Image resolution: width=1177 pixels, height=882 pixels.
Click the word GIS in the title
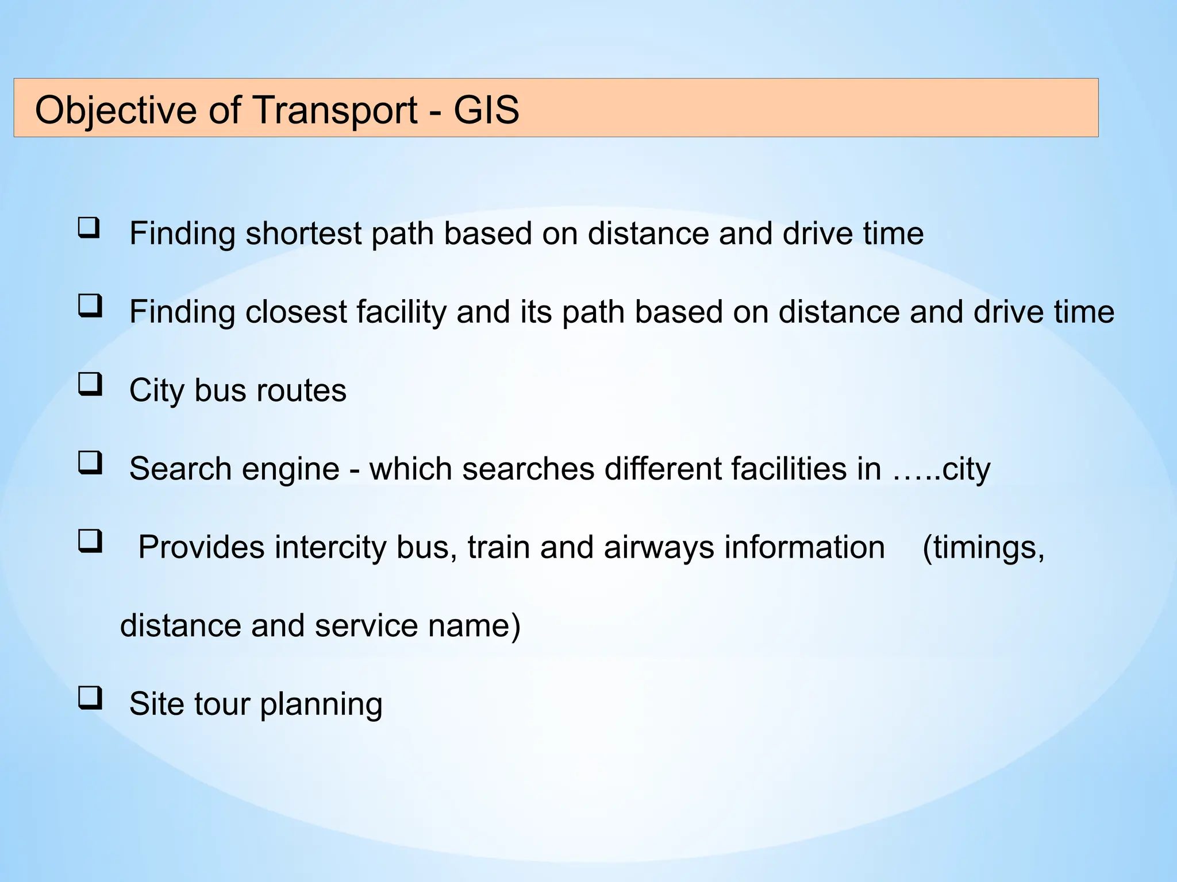click(486, 110)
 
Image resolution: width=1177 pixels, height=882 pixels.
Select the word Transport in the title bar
click(335, 110)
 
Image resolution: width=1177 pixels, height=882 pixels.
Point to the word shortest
click(303, 234)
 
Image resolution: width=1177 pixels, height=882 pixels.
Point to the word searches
click(528, 469)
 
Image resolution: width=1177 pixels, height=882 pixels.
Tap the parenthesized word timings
click(983, 547)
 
